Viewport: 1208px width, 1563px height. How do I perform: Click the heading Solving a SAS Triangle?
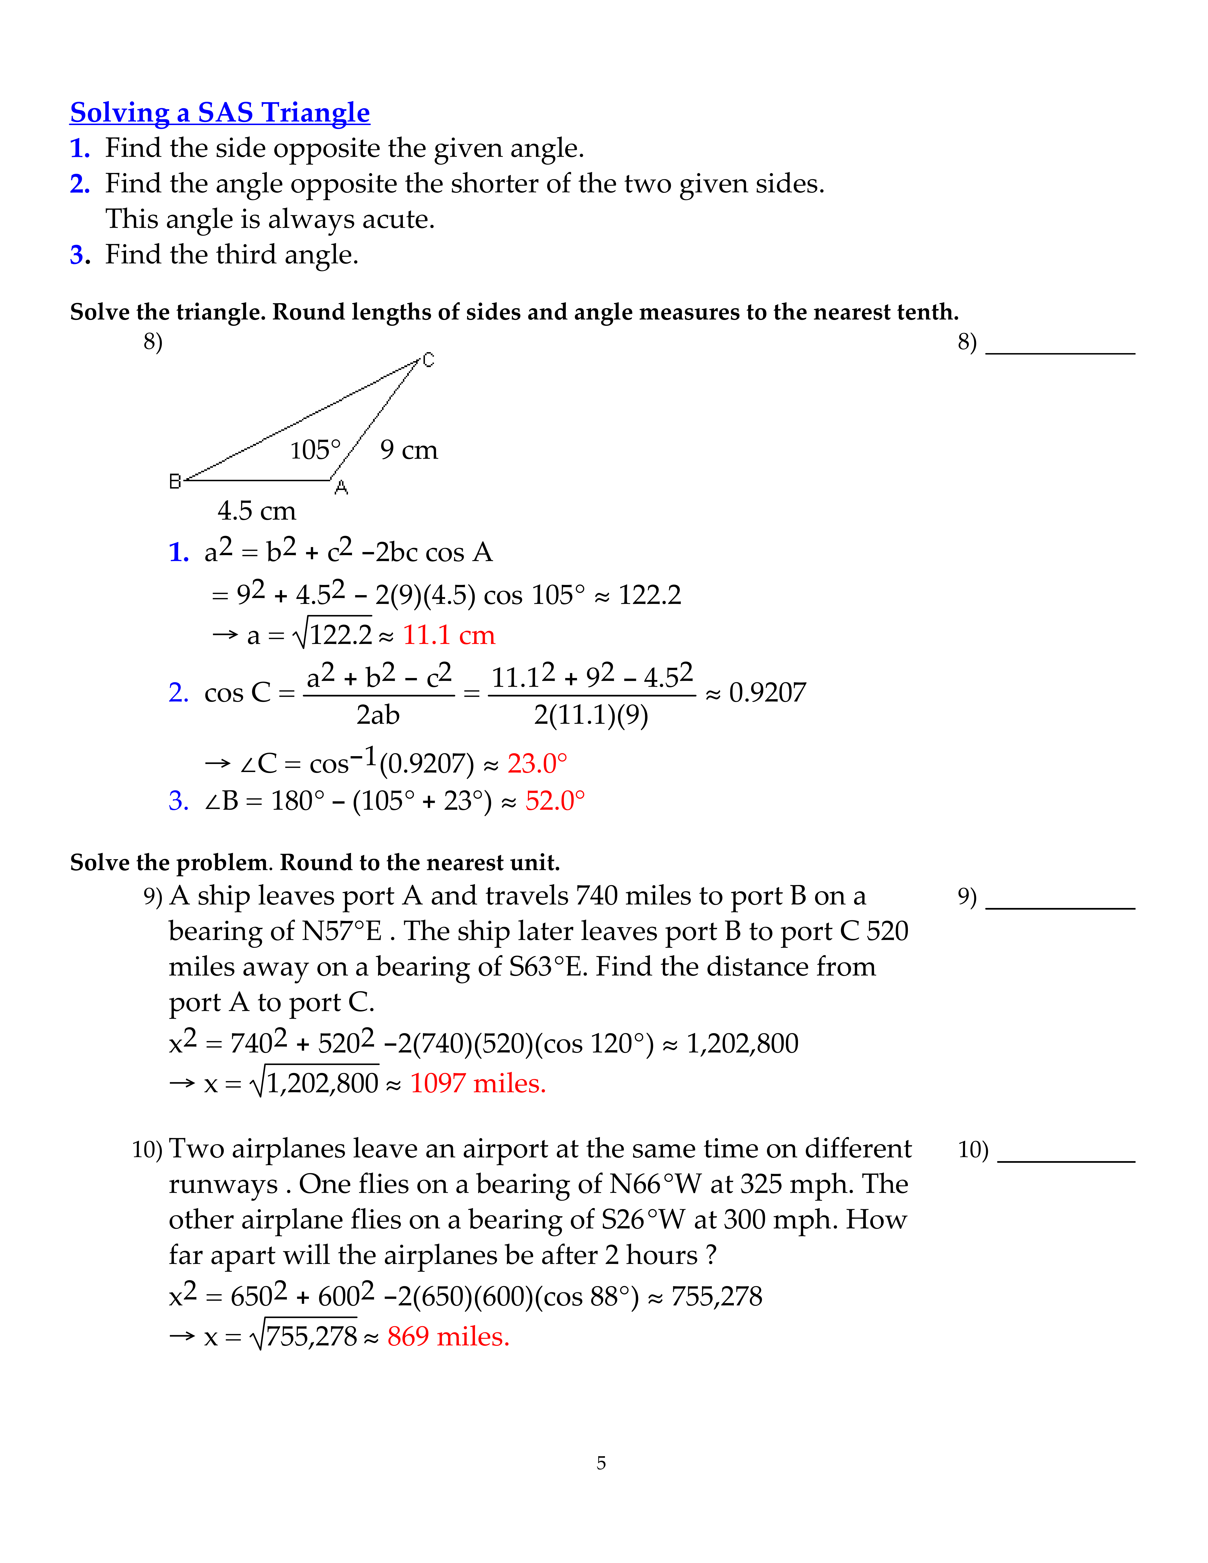coord(220,113)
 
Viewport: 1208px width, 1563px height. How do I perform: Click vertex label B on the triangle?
coord(175,482)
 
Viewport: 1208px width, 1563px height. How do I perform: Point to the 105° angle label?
coord(315,450)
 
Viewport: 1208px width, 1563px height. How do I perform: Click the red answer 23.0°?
coord(537,764)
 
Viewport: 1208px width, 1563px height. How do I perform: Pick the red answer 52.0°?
coord(555,801)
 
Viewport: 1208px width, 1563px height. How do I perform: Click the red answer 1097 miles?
coord(477,1083)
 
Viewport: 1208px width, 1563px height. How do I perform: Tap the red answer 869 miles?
coord(448,1336)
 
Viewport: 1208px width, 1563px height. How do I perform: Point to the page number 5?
coord(601,1463)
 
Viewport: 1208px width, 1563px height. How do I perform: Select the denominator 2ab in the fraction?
coord(378,715)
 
